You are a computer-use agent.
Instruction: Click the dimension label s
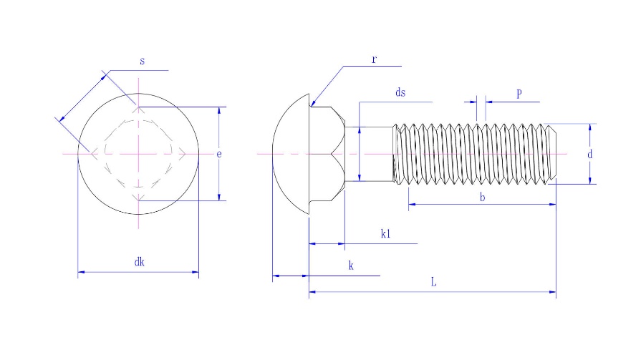[142, 62]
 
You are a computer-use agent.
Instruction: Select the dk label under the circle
[139, 263]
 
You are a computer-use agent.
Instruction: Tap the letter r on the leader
[374, 59]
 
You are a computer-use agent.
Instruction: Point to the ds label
[400, 93]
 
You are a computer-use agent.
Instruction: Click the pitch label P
[519, 94]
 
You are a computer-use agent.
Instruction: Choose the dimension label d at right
[589, 154]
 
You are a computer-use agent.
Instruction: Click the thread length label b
[482, 197]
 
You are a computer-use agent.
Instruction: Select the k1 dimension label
[385, 234]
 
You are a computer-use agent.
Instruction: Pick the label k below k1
[350, 266]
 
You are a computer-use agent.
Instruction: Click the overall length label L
[433, 283]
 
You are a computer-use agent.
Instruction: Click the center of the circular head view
[139, 154]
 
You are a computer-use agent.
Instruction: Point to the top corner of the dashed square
[139, 108]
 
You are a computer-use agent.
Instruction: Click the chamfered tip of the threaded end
[552, 154]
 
